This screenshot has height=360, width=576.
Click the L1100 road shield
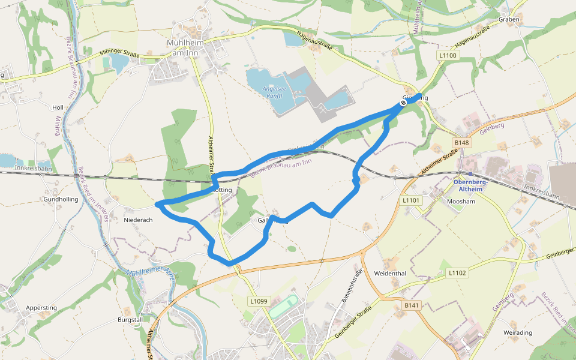point(448,55)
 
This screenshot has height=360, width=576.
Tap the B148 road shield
point(461,143)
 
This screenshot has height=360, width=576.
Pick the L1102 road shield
point(457,272)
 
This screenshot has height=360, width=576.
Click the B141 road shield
point(411,305)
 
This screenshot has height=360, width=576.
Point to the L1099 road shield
point(259,301)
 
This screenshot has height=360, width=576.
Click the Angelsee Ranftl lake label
point(272,92)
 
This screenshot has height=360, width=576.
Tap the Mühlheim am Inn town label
point(185,48)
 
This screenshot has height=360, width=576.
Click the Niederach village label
point(138,220)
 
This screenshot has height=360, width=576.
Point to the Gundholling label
point(61,199)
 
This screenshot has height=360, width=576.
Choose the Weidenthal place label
point(390,274)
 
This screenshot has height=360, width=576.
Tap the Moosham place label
point(461,202)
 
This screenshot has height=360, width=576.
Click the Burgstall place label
point(131,320)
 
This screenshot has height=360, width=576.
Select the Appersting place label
point(41,308)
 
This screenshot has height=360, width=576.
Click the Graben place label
point(508,19)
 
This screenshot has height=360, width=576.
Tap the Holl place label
point(58,107)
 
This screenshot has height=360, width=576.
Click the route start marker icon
point(404,102)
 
